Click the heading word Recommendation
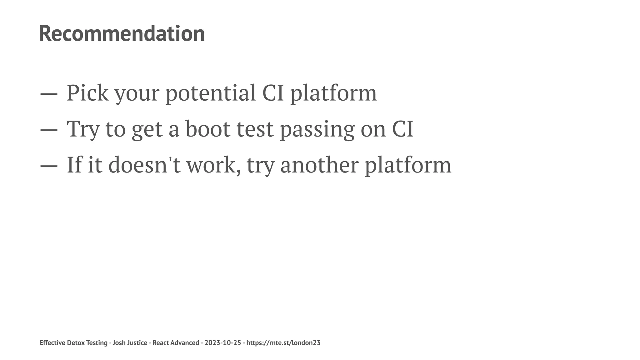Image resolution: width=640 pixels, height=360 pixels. click(x=122, y=33)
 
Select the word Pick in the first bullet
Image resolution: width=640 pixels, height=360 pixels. click(x=87, y=93)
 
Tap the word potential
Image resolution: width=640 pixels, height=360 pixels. click(x=210, y=93)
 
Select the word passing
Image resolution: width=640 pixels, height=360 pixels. click(x=317, y=129)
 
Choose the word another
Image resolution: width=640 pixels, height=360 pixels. click(x=319, y=165)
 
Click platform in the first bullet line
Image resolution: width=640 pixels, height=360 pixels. click(x=333, y=93)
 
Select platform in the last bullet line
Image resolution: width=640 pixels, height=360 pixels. click(x=408, y=165)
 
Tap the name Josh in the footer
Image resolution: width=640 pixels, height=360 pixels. click(x=119, y=343)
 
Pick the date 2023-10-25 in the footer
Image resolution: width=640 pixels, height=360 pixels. click(x=223, y=343)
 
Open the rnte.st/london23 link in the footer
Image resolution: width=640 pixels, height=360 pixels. click(x=283, y=343)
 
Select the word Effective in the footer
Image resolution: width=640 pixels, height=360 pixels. click(x=52, y=343)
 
